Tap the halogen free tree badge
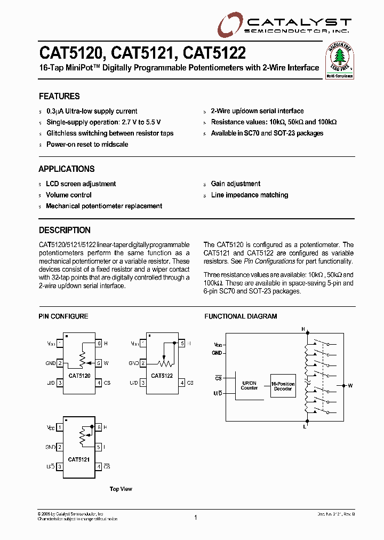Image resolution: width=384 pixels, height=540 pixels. [x=340, y=60]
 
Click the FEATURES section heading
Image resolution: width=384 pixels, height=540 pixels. [x=59, y=97]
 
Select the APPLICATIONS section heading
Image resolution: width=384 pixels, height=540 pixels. [x=67, y=169]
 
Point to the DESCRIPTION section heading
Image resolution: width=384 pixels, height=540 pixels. [x=65, y=231]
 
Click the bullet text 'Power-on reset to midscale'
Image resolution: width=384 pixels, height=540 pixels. [x=87, y=145]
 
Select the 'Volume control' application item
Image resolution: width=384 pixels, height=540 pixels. [x=69, y=195]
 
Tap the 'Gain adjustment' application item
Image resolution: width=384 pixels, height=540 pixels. [x=236, y=184]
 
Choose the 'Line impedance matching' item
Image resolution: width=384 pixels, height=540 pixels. [x=250, y=195]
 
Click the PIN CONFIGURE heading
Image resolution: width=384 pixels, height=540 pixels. [x=63, y=316]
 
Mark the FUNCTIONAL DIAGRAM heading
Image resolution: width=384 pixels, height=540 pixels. [x=241, y=316]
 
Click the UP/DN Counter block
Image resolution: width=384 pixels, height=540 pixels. [x=249, y=386]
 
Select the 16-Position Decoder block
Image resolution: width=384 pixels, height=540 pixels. [x=282, y=386]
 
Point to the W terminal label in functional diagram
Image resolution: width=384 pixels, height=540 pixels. [x=350, y=385]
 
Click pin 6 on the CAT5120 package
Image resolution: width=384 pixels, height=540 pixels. [x=99, y=344]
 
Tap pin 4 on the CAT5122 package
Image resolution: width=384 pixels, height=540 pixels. [x=182, y=383]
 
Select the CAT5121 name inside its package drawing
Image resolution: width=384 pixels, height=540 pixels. [x=79, y=459]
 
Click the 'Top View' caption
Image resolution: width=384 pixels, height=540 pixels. [x=121, y=489]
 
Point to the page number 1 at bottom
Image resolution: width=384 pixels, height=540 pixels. [x=196, y=517]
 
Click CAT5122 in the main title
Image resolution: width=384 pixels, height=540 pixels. [x=215, y=53]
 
